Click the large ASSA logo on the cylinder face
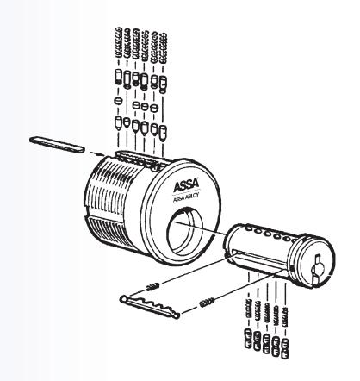pyautogui.click(x=186, y=185)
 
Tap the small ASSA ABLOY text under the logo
pyautogui.click(x=186, y=198)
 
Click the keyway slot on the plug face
pyautogui.click(x=317, y=270)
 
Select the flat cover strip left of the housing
pyautogui.click(x=57, y=145)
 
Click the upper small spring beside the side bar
pyautogui.click(x=153, y=287)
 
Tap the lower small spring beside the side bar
pyautogui.click(x=208, y=303)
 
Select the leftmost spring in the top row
pyautogui.click(x=118, y=42)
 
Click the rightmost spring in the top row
pyautogui.click(x=164, y=48)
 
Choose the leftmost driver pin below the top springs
pyautogui.click(x=118, y=77)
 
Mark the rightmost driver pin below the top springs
pyautogui.click(x=163, y=84)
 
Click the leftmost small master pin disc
pyautogui.click(x=118, y=101)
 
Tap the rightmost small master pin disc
pyautogui.click(x=154, y=108)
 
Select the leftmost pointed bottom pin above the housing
pyautogui.click(x=118, y=123)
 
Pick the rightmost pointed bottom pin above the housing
pyautogui.click(x=163, y=133)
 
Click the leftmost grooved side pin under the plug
pyautogui.click(x=248, y=340)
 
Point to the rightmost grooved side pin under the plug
pyautogui.click(x=285, y=348)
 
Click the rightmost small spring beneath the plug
pyautogui.click(x=286, y=317)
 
